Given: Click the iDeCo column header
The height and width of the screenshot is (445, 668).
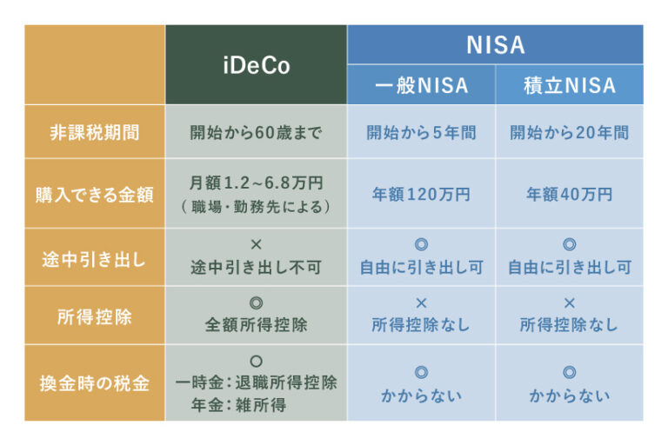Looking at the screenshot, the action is [x=257, y=65].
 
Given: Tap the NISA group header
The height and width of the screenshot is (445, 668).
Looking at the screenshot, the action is [x=496, y=44].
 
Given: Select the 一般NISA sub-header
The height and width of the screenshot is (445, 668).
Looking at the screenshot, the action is [x=421, y=85].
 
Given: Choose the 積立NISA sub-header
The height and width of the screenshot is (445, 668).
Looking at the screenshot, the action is [x=570, y=85].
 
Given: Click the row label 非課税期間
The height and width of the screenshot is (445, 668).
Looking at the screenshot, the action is [x=95, y=132].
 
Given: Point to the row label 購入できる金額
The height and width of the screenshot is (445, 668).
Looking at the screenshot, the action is [x=95, y=195].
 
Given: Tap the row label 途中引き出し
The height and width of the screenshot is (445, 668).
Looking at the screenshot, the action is [x=95, y=259].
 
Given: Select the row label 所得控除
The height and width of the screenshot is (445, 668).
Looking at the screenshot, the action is [x=95, y=317].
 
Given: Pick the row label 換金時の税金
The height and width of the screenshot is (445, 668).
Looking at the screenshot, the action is [x=95, y=383].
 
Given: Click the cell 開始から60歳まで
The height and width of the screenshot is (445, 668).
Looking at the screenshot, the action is [x=256, y=132].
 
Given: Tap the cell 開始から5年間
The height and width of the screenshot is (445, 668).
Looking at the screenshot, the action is [x=421, y=132].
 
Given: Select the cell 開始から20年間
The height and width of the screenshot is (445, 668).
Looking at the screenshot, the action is [x=570, y=132].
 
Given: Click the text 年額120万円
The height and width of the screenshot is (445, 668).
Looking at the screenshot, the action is [x=421, y=194].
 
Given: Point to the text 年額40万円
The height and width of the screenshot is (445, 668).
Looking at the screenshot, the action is [x=570, y=194].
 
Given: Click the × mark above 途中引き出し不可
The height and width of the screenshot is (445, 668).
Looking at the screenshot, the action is [x=256, y=244].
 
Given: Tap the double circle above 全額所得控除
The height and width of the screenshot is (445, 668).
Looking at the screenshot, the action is [x=256, y=302].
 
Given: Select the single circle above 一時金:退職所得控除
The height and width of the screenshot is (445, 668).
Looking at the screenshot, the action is [x=256, y=361].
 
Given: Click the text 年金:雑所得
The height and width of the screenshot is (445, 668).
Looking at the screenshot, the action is [x=238, y=404].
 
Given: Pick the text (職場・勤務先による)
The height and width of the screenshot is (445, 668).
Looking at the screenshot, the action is [x=256, y=207].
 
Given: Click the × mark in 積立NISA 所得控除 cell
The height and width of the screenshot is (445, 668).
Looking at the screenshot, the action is [x=570, y=302].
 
